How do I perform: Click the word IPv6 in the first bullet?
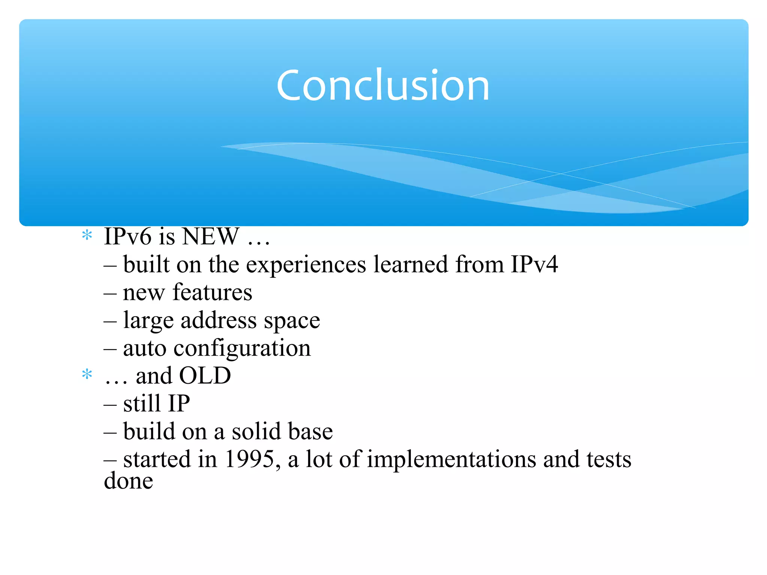pos(127,237)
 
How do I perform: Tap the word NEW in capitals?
pos(211,237)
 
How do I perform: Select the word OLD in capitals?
pos(205,375)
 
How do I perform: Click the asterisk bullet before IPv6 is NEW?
pos(87,236)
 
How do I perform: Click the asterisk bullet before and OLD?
pos(87,375)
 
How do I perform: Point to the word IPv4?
pos(534,264)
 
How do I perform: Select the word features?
pos(212,292)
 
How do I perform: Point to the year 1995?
pos(250,459)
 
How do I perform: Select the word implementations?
pos(451,459)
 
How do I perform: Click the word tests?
pos(609,459)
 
